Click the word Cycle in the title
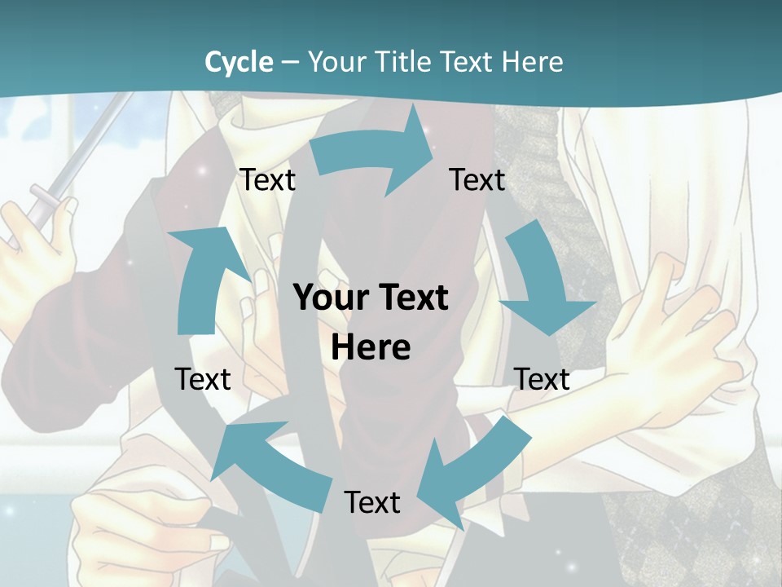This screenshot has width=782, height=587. (x=239, y=62)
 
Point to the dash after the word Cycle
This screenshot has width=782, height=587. (x=290, y=63)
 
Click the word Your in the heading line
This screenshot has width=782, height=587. (x=335, y=62)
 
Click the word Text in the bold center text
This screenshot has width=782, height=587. (x=411, y=298)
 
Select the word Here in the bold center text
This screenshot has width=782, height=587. (x=371, y=347)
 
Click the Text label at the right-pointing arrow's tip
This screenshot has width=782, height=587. (x=477, y=179)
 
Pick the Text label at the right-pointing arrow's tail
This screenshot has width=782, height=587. (x=267, y=179)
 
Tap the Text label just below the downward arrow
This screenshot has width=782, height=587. (x=542, y=379)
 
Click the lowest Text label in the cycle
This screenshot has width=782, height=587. (x=372, y=502)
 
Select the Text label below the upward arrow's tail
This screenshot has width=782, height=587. (x=203, y=379)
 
